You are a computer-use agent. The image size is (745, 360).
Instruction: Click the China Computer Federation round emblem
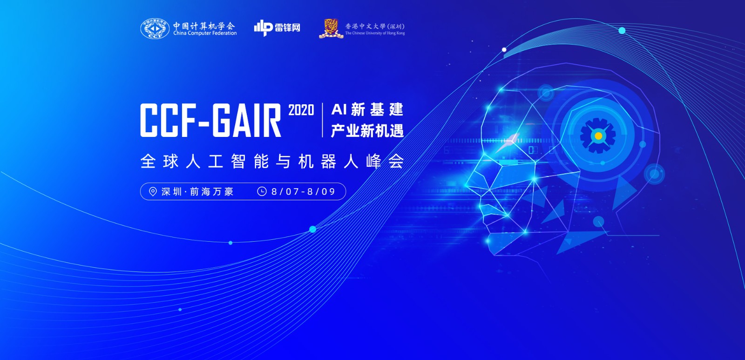[x=155, y=29]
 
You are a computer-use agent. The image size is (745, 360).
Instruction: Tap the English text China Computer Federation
[x=205, y=34]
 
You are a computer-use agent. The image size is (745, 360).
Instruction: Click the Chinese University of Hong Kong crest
[x=331, y=28]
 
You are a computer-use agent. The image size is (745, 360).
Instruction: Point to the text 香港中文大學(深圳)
[x=374, y=26]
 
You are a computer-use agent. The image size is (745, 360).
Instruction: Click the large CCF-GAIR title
[x=210, y=120]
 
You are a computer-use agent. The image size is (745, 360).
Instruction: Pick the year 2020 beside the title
[x=301, y=110]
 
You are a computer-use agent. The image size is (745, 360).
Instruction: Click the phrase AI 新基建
[x=367, y=110]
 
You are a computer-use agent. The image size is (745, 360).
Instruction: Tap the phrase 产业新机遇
[x=367, y=131]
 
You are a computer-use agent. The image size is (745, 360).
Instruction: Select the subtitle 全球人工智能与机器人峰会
[x=271, y=162]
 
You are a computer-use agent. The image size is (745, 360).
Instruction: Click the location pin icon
[x=153, y=191]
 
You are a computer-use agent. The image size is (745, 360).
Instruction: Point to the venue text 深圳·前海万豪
[x=197, y=191]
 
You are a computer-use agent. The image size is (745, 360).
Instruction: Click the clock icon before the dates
[x=262, y=191]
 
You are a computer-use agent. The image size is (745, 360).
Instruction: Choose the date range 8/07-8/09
[x=303, y=191]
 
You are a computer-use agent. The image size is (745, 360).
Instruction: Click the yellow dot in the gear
[x=598, y=136]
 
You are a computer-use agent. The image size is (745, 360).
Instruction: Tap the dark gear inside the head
[x=588, y=136]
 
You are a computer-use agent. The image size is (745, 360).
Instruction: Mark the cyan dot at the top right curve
[x=622, y=31]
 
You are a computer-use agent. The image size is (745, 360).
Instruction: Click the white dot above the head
[x=504, y=49]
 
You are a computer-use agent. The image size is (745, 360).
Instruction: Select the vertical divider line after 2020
[x=322, y=120]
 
